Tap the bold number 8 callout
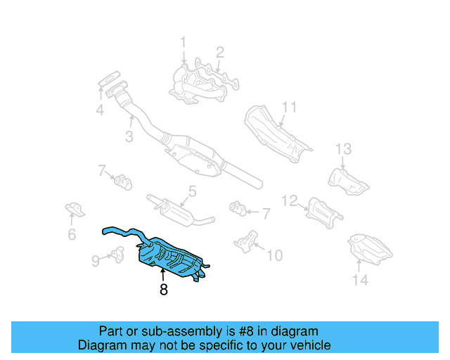tap(163, 290)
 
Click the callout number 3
tap(129, 137)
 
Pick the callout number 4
tap(100, 110)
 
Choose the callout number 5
tap(191, 191)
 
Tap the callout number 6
tap(72, 234)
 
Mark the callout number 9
tap(95, 261)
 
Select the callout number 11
tap(290, 108)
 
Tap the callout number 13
tap(342, 148)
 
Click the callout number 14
tap(360, 281)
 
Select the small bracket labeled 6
tap(73, 210)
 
